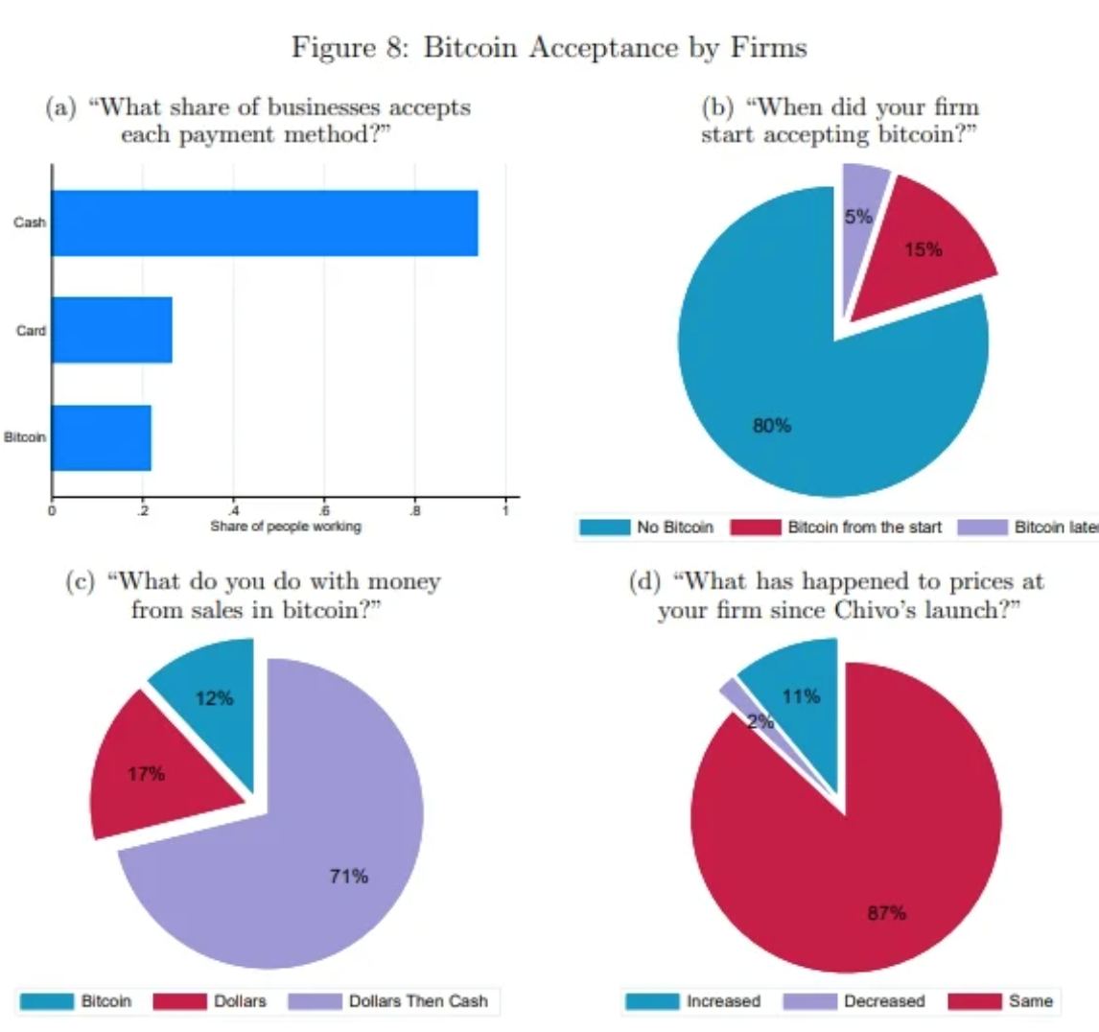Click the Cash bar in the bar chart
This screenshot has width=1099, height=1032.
pos(265,223)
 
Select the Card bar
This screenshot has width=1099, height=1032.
pos(112,330)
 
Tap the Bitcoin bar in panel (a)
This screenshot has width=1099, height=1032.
pos(102,437)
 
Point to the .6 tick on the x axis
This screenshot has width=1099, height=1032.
pos(324,510)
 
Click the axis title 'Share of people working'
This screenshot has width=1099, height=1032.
pos(286,527)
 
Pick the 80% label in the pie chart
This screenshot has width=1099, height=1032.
pos(772,426)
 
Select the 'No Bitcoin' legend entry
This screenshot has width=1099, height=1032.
pos(647,528)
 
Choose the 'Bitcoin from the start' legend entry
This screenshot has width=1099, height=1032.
pos(836,528)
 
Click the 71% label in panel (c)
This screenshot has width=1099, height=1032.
pos(348,876)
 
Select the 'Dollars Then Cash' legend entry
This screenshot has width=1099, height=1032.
pos(388,1001)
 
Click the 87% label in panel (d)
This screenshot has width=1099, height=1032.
pos(887,913)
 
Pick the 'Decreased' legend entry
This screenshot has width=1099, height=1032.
pos(854,1001)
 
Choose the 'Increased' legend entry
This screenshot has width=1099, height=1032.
pos(693,1001)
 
